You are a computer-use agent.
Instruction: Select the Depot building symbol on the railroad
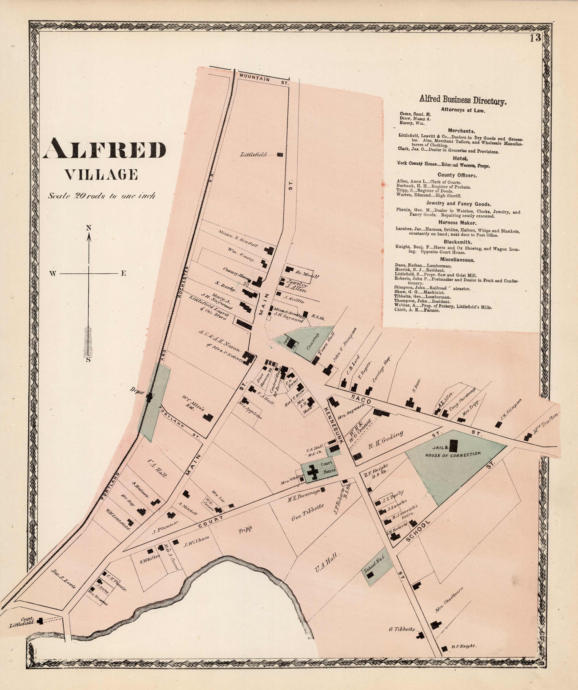click(150, 397)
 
